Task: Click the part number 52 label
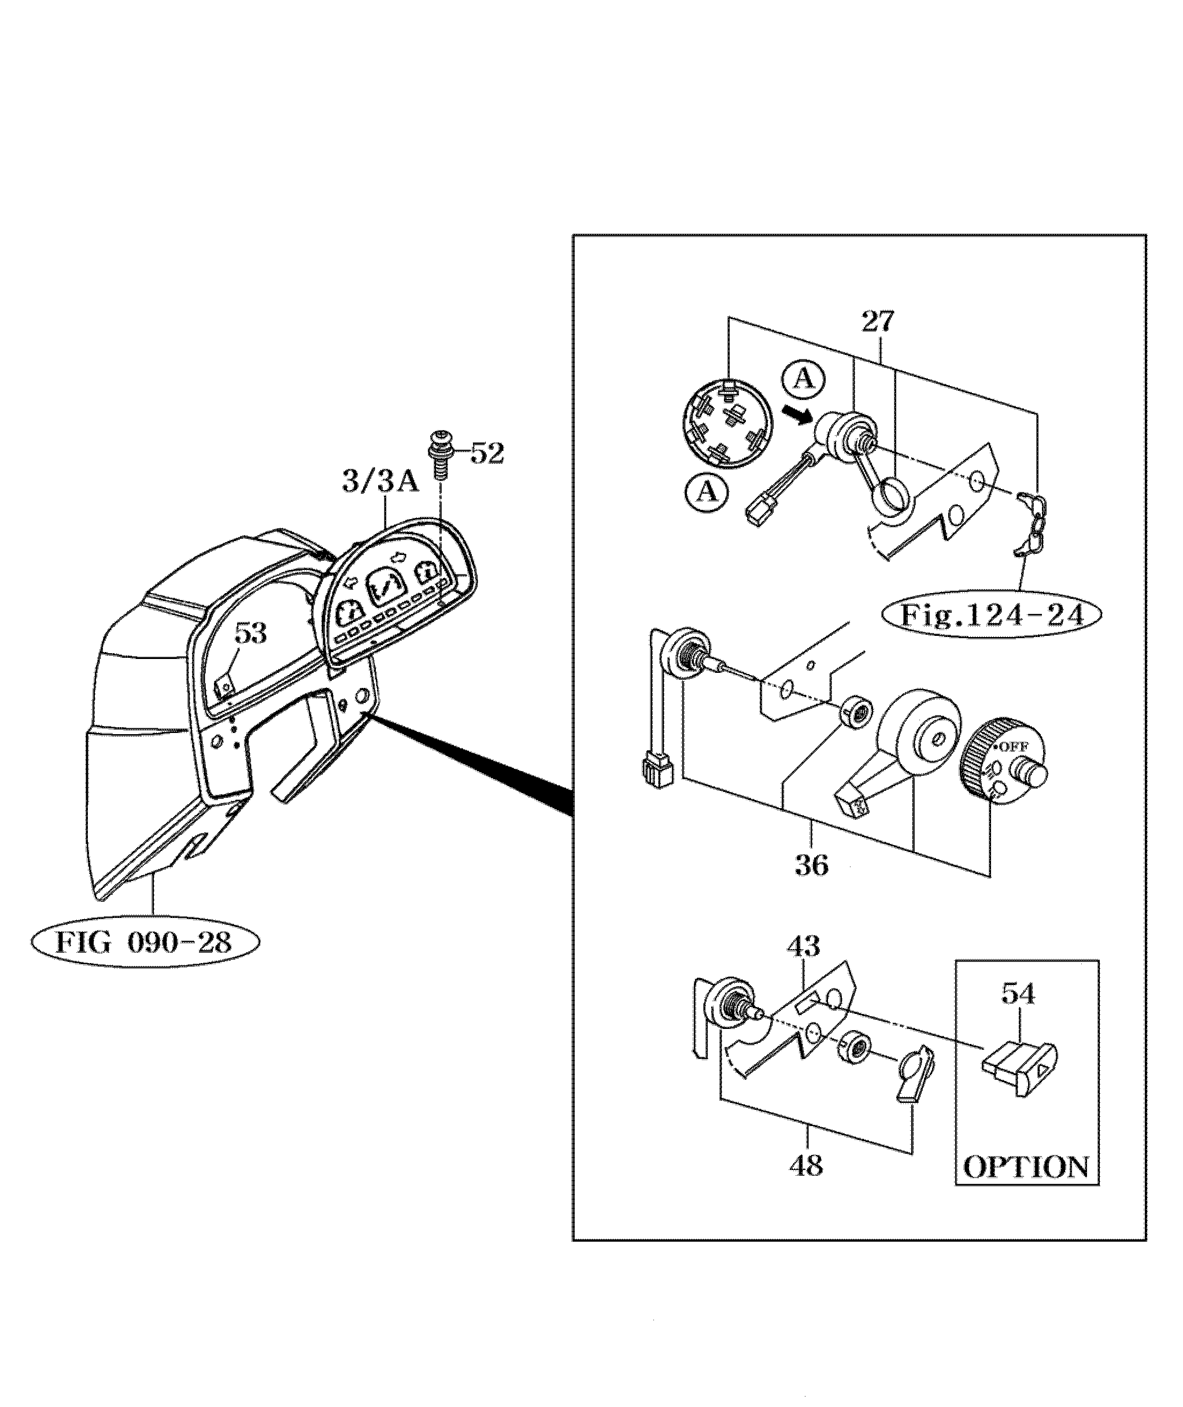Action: tap(487, 454)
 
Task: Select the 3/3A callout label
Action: tap(380, 482)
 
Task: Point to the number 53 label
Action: tap(250, 633)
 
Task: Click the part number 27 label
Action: tap(878, 323)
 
